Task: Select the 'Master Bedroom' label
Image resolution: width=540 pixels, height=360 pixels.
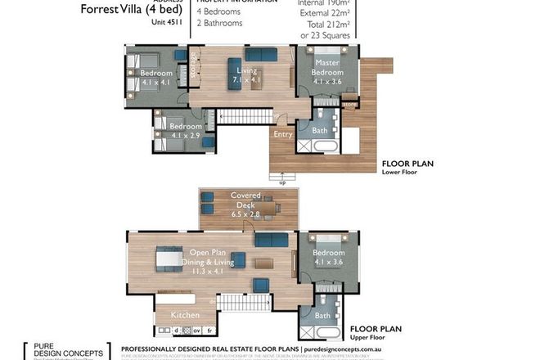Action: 327,68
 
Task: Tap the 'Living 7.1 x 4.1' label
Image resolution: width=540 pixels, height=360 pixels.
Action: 241,76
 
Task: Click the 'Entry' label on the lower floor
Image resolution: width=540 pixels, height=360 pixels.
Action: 283,134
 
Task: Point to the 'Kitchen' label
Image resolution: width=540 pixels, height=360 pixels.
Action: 185,314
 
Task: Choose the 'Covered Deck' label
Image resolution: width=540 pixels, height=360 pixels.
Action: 245,200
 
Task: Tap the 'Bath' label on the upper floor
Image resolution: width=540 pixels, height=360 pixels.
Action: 322,315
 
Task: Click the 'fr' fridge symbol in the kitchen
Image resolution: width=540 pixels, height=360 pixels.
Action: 210,331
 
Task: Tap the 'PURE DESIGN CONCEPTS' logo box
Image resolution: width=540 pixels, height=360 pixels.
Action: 67,350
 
